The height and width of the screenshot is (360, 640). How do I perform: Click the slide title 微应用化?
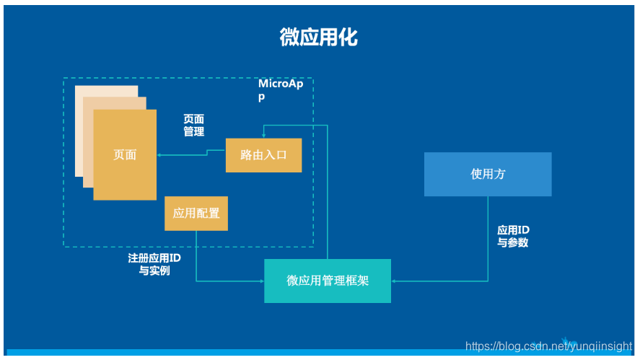pos(318,38)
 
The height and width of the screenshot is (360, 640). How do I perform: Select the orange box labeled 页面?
pos(125,154)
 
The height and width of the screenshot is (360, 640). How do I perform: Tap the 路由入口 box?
pos(263,154)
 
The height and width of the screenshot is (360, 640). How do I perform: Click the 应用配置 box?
pos(196,214)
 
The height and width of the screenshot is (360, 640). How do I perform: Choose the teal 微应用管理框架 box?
pos(328,281)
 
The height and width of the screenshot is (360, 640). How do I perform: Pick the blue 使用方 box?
pos(488,174)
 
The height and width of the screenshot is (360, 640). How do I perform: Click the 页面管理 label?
pos(193,125)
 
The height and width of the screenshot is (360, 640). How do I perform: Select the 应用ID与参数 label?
pos(513,236)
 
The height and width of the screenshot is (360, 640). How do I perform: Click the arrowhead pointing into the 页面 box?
pos(160,154)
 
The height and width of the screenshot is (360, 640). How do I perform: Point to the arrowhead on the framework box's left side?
pos(261,281)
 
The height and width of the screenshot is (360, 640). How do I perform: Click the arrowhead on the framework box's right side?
pos(395,281)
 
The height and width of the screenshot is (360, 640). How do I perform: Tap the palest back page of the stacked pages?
pos(79,130)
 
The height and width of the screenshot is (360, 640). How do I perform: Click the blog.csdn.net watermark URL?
pos(548,347)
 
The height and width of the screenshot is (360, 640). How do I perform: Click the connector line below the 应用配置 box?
pos(196,253)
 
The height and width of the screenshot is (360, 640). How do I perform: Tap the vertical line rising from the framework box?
pos(328,195)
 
